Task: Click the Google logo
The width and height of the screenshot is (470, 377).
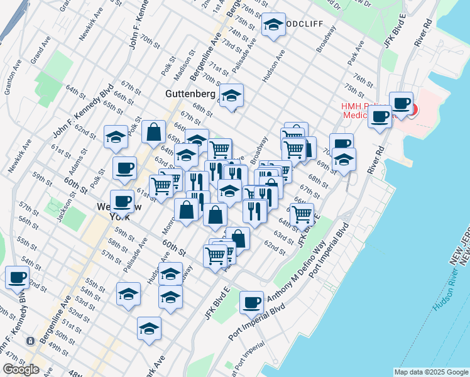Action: pos(21,369)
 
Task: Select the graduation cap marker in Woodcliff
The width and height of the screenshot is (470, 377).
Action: pos(273,25)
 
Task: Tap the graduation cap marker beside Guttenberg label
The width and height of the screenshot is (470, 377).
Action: pos(231,96)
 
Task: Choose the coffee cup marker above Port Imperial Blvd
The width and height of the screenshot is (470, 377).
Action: pos(251,303)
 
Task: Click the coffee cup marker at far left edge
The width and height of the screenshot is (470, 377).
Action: pos(17,277)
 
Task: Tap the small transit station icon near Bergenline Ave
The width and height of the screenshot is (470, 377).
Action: pos(30,341)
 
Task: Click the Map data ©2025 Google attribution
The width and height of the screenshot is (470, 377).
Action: pos(431,372)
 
